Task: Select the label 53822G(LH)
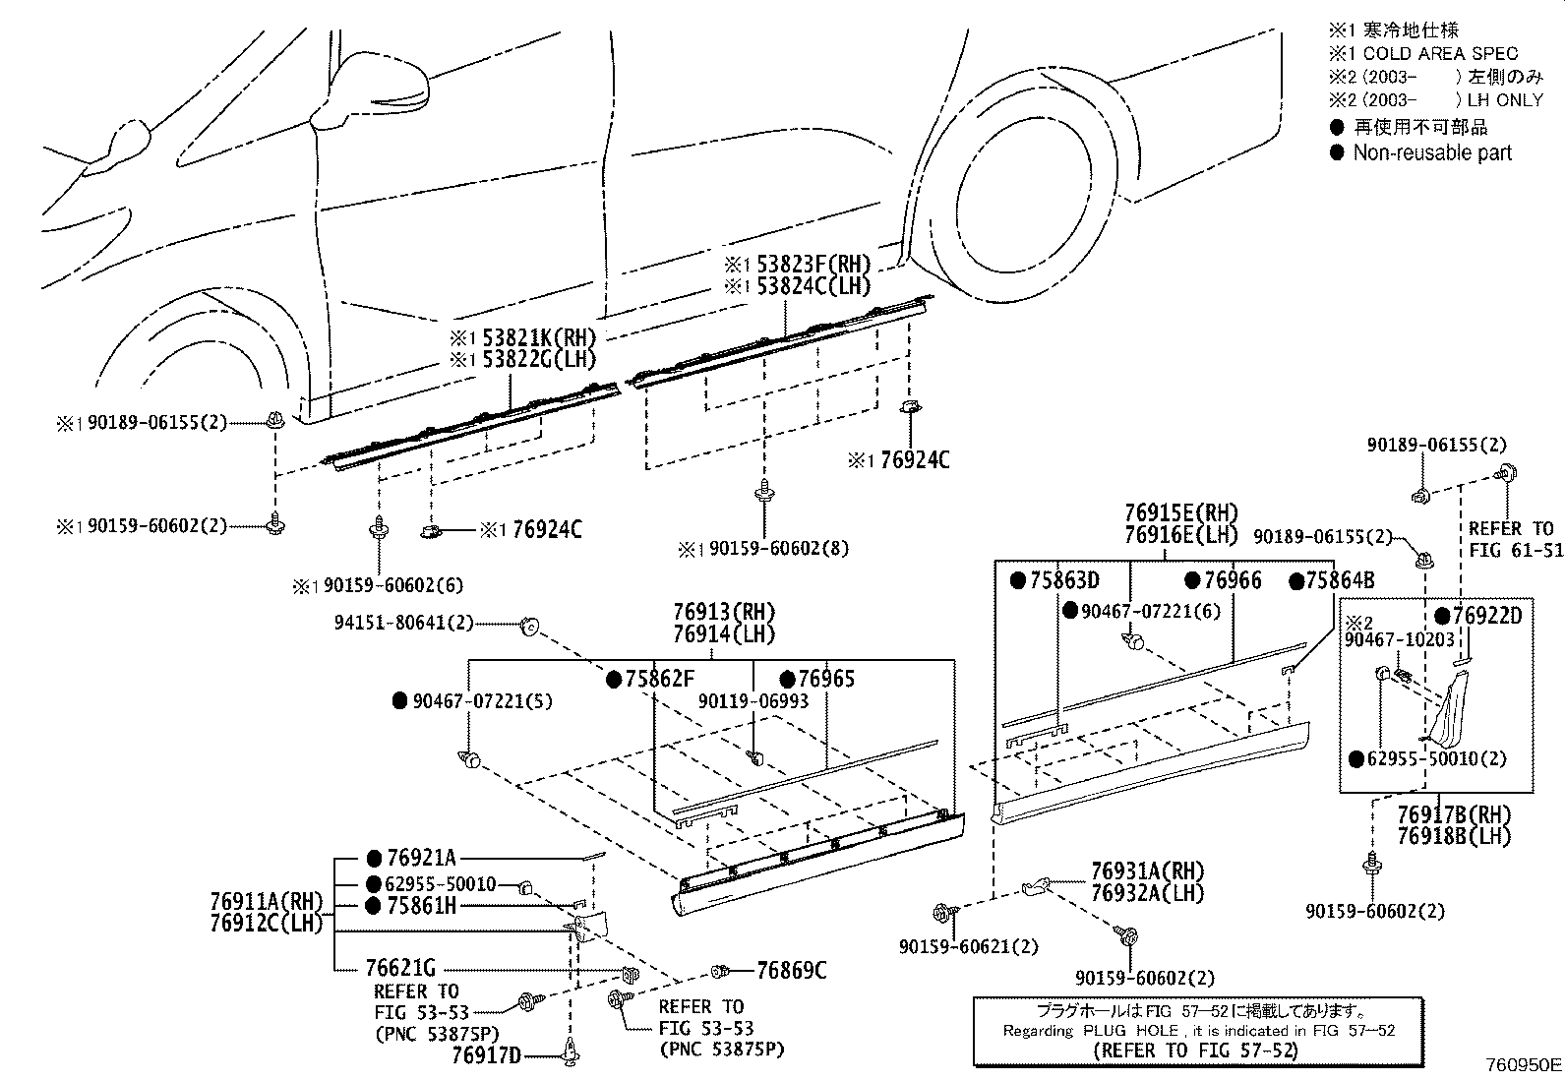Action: [x=539, y=360]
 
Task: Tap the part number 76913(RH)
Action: [x=724, y=611]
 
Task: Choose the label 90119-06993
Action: [x=753, y=701]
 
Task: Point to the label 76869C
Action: [x=791, y=971]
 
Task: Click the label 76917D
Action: [x=486, y=1055]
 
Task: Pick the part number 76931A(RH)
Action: [x=1147, y=871]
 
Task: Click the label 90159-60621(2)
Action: [x=969, y=946]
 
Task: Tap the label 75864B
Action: [x=1340, y=580]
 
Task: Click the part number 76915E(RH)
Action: [x=1181, y=512]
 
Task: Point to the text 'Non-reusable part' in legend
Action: [x=1432, y=152]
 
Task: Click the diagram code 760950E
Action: [x=1523, y=1064]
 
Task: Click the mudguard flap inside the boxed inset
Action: [x=1445, y=708]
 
